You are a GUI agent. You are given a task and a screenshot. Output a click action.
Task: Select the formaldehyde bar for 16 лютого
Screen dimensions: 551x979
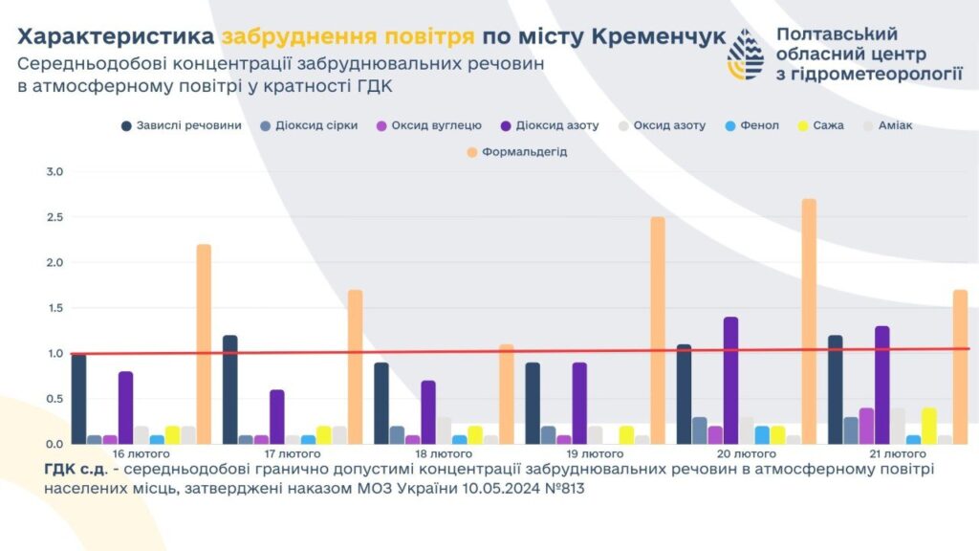click(204, 344)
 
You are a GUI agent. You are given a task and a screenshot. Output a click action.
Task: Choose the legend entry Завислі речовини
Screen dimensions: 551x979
click(182, 125)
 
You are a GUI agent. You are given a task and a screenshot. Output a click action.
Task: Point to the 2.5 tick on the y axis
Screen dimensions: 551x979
click(54, 218)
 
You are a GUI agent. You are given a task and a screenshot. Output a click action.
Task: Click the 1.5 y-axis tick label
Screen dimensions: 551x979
click(54, 308)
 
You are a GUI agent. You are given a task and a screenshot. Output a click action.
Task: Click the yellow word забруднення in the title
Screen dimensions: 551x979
click(347, 37)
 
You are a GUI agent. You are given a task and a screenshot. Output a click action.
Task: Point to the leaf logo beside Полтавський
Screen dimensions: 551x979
click(746, 55)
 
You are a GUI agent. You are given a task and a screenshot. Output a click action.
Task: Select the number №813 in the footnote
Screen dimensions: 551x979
click(561, 488)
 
